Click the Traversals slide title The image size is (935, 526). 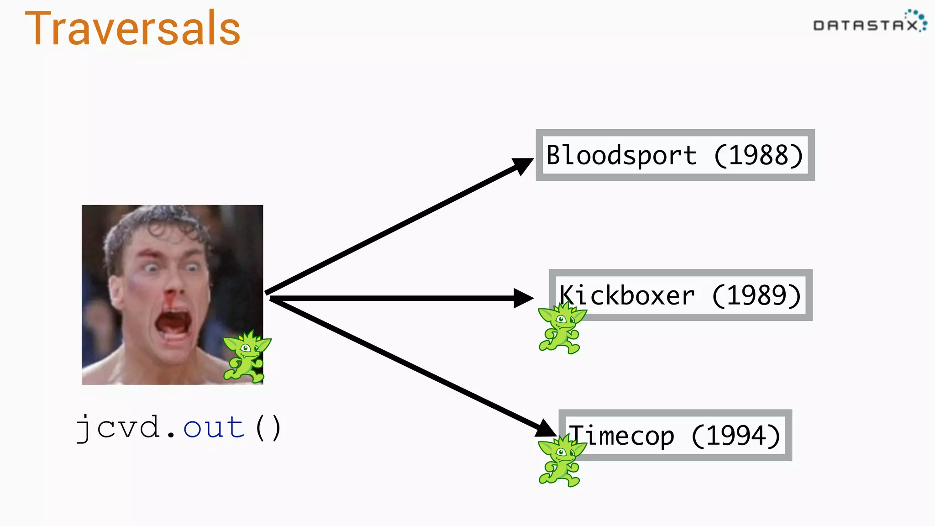[x=132, y=29]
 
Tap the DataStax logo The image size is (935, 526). [x=869, y=23]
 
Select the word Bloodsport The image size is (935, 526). [x=621, y=155]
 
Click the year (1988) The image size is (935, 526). [x=758, y=155]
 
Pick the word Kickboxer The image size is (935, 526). [x=627, y=295]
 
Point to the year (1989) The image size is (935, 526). [x=756, y=295]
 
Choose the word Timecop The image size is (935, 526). [x=621, y=436]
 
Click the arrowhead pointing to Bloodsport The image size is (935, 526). [x=523, y=165]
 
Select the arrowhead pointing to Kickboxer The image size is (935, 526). [x=523, y=298]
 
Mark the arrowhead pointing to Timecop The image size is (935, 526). [x=545, y=428]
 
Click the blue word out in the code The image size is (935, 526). [x=214, y=428]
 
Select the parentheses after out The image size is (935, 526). [x=268, y=428]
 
